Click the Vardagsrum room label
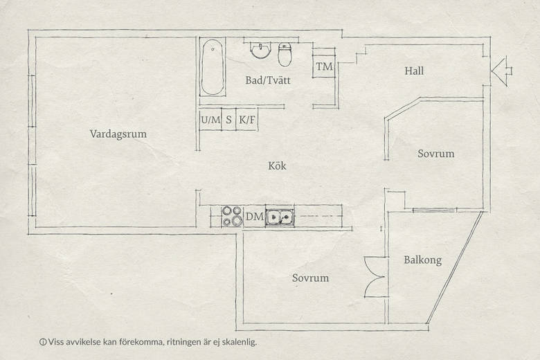coord(118,134)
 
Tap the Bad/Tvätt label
coord(268,80)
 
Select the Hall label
coord(414,71)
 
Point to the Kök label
coord(277,165)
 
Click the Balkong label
coord(422,260)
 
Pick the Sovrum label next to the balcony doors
coord(310,278)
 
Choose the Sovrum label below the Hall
coord(436,153)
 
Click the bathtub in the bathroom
coord(213,67)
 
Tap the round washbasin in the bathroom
coord(261,51)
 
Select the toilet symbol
coord(285,55)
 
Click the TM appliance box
coord(324,66)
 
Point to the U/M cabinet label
coord(210,120)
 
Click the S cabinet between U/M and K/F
coord(228,120)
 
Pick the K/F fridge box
coord(247,120)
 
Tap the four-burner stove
coord(232,216)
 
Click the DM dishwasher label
coord(255,217)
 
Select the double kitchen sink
coord(280,217)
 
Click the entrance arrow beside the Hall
coord(501,71)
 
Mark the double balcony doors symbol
coord(375,277)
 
